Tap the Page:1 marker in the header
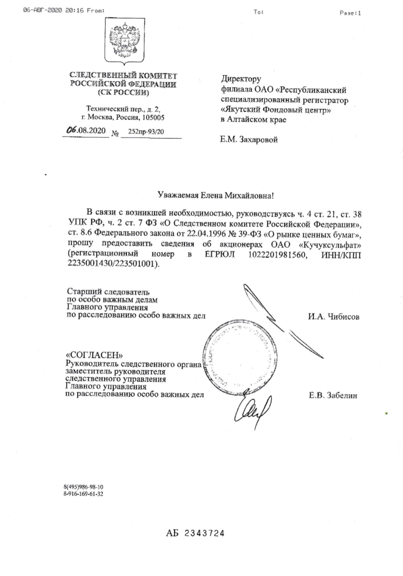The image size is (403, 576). [x=350, y=13]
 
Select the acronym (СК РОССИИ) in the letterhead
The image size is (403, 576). [x=123, y=93]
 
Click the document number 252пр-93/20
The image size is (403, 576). [x=146, y=131]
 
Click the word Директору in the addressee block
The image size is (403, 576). [x=241, y=79]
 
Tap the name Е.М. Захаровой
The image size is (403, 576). [x=249, y=140]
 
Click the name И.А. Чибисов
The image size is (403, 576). [x=333, y=317]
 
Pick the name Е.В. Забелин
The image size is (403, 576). [x=333, y=396]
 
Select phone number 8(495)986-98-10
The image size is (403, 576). [x=83, y=487]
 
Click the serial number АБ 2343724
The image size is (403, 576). [x=195, y=533]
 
